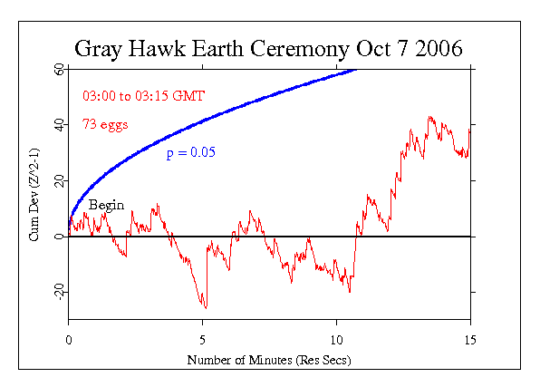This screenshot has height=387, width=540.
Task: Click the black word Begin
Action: (x=105, y=206)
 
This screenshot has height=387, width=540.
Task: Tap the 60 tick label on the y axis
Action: (x=56, y=69)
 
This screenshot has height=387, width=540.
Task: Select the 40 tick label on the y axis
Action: (x=56, y=125)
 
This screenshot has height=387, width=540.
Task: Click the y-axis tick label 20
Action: (x=56, y=181)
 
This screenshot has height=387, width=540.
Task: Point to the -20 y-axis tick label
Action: (x=54, y=293)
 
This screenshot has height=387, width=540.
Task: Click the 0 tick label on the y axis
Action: (x=59, y=237)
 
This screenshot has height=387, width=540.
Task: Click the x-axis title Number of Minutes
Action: (x=268, y=360)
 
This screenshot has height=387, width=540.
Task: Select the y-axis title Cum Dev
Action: (x=34, y=195)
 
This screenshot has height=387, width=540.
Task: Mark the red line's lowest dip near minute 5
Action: (x=205, y=307)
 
